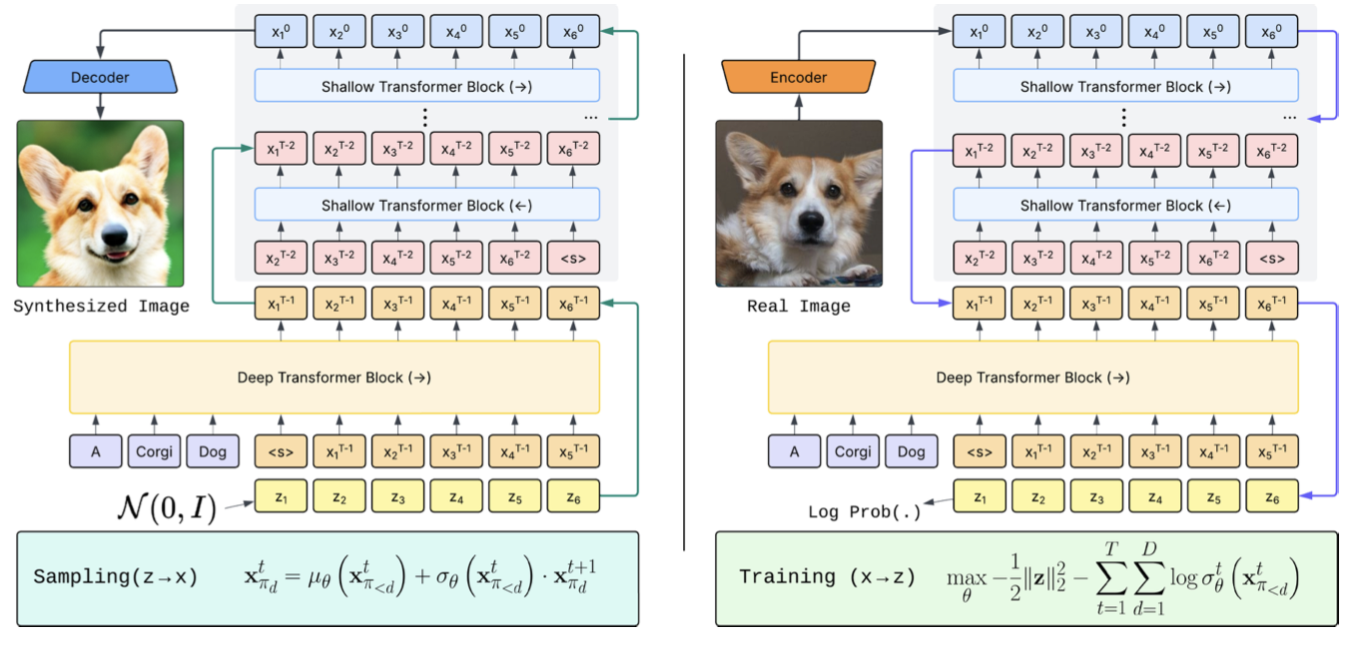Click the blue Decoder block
(100, 77)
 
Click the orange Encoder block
(798, 77)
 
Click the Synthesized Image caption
(101, 307)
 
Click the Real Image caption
(799, 307)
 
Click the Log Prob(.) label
(865, 512)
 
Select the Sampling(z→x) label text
(116, 577)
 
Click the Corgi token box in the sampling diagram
(154, 451)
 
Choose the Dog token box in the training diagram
(912, 451)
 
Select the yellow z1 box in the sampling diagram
(281, 495)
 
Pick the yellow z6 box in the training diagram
(1272, 495)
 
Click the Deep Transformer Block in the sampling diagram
(335, 377)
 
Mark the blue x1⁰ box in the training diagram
(980, 32)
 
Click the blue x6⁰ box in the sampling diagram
(573, 32)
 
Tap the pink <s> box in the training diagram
(1272, 258)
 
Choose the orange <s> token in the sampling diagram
(281, 451)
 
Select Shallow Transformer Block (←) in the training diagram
(1125, 205)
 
